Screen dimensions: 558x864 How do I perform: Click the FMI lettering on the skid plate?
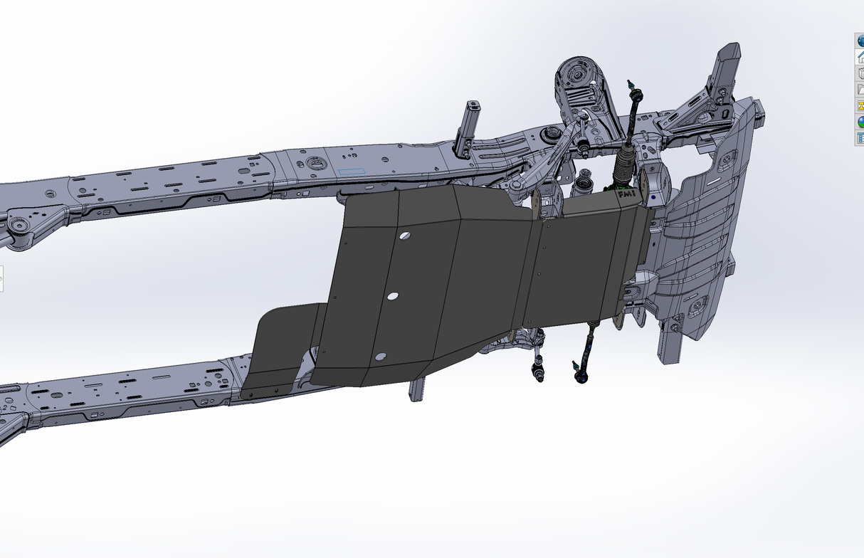[626, 194]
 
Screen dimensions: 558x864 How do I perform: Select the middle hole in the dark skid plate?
[392, 296]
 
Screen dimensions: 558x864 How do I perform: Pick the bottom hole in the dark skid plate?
[381, 355]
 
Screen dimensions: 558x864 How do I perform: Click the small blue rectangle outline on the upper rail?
[352, 172]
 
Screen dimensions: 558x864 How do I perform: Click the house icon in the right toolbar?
[860, 57]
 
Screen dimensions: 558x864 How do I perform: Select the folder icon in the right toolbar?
[860, 89]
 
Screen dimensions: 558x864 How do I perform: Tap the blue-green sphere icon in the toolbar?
[860, 121]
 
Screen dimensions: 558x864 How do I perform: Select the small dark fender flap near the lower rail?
[279, 349]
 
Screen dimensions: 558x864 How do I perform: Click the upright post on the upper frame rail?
[469, 125]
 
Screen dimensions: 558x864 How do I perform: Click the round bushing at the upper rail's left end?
[18, 227]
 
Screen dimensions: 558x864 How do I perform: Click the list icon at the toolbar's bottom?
[860, 137]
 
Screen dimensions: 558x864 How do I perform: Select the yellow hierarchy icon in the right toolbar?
[860, 105]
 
